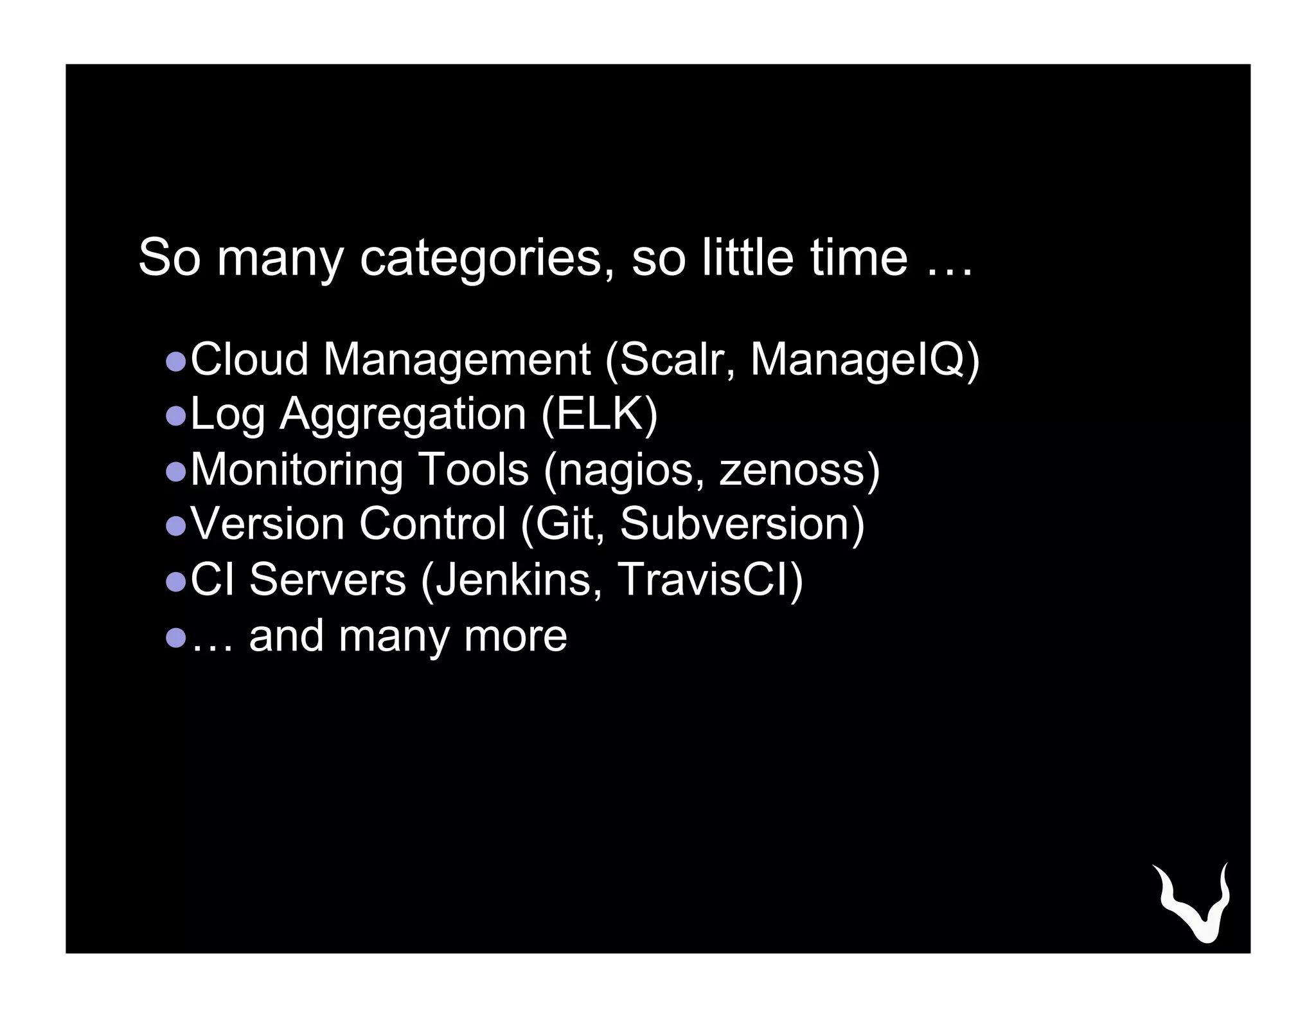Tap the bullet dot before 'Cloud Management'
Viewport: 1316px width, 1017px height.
point(175,361)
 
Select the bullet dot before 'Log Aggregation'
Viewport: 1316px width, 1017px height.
point(175,417)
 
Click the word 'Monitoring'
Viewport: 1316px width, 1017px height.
point(297,470)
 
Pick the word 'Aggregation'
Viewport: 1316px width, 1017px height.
point(403,415)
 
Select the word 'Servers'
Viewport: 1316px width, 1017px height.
point(328,580)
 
